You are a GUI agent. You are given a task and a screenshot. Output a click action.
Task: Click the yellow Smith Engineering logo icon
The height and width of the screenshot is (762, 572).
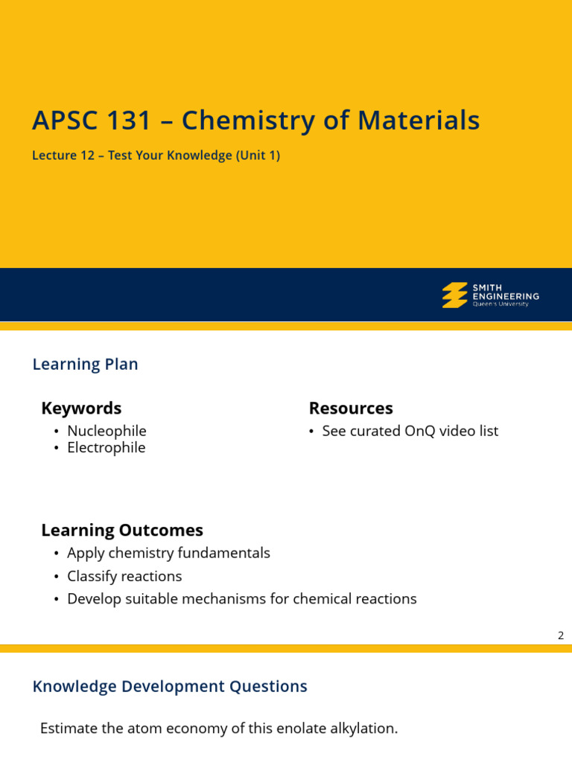coord(454,295)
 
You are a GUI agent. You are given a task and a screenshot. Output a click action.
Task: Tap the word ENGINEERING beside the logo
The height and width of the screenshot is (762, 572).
coord(506,296)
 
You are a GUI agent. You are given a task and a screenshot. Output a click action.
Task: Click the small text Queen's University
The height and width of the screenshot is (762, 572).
coord(500,304)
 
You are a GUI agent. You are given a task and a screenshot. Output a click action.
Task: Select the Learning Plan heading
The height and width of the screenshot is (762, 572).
coord(85,365)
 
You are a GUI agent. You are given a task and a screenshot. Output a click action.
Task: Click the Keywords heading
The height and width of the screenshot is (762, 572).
coord(81,409)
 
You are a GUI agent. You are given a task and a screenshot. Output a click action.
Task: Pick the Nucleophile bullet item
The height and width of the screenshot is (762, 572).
coord(107,432)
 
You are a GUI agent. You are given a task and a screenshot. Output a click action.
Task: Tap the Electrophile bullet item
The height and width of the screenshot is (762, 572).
coord(107,448)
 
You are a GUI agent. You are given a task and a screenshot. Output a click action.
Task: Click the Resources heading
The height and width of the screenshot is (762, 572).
coord(351,409)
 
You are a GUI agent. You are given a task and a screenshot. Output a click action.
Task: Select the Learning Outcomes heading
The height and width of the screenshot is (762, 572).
coord(122,531)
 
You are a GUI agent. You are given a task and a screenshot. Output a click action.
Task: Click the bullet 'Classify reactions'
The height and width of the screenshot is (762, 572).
coord(124,577)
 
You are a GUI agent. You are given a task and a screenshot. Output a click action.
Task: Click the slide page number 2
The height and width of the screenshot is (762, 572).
coord(561,635)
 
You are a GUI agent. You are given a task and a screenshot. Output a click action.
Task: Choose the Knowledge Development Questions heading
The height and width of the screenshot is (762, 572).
coord(170,687)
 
